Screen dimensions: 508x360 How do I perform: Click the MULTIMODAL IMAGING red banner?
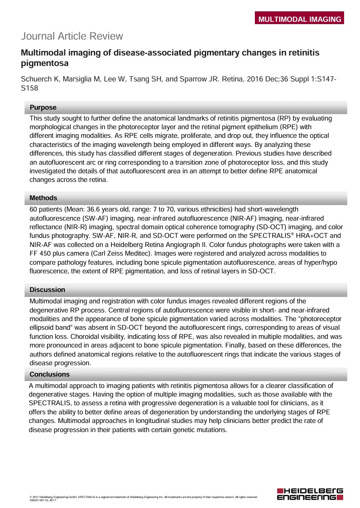[x=299, y=19]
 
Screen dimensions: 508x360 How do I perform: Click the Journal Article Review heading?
[x=72, y=36]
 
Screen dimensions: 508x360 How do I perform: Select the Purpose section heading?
[x=43, y=108]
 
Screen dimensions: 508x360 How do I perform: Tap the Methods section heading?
[x=43, y=198]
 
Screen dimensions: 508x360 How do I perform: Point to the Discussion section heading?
[x=47, y=290]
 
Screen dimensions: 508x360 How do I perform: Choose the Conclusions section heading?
[x=50, y=374]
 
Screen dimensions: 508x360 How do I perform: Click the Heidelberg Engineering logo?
[x=310, y=494]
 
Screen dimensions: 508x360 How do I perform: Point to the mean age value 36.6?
[x=89, y=209]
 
